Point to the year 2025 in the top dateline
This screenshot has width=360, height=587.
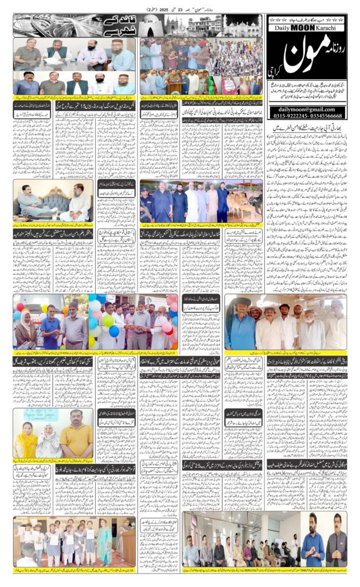click(154, 10)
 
